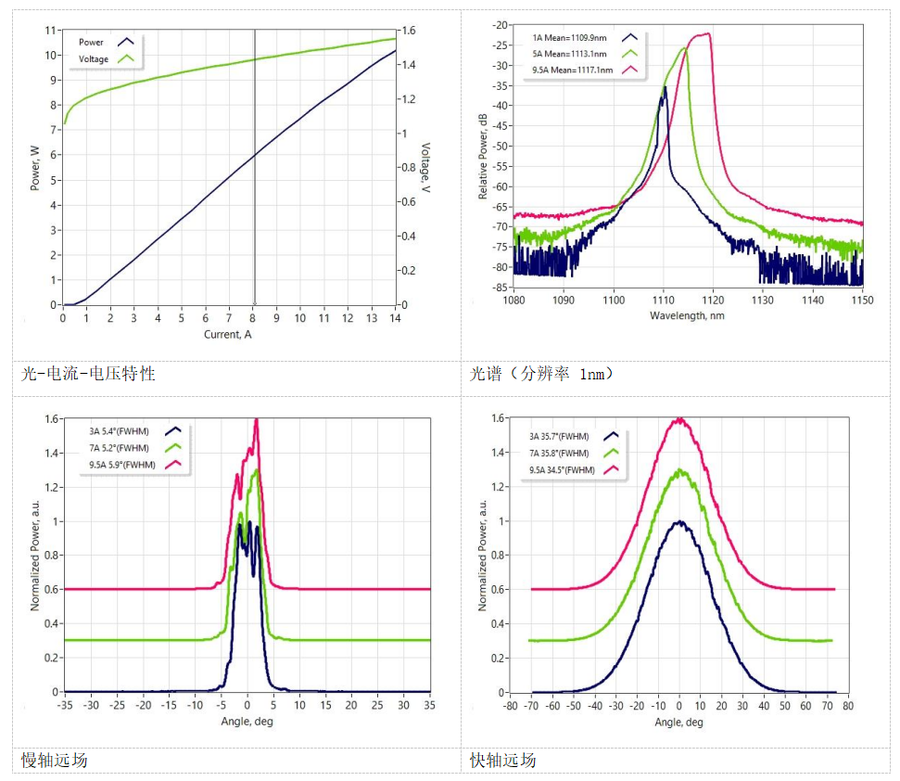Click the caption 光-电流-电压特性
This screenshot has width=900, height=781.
(x=88, y=374)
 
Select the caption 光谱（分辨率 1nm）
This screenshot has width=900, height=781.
(x=542, y=374)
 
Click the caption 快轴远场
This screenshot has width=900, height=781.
(x=503, y=761)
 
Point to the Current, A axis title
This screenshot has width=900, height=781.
(x=228, y=335)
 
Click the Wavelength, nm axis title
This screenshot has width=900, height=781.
(x=687, y=314)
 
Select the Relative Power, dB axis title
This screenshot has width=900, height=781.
(x=482, y=155)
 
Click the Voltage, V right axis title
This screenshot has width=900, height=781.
(x=425, y=167)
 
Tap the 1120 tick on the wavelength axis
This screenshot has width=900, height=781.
(x=713, y=300)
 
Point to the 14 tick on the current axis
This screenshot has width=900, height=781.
(x=395, y=318)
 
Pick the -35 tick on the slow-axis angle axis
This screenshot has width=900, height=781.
(x=64, y=705)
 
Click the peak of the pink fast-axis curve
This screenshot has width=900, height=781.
(x=679, y=419)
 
